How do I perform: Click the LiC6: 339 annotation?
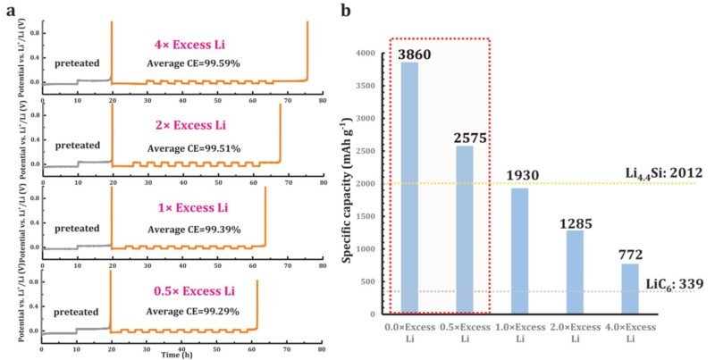[x=673, y=284]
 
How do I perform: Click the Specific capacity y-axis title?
[x=349, y=184]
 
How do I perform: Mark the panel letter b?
[x=345, y=11]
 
